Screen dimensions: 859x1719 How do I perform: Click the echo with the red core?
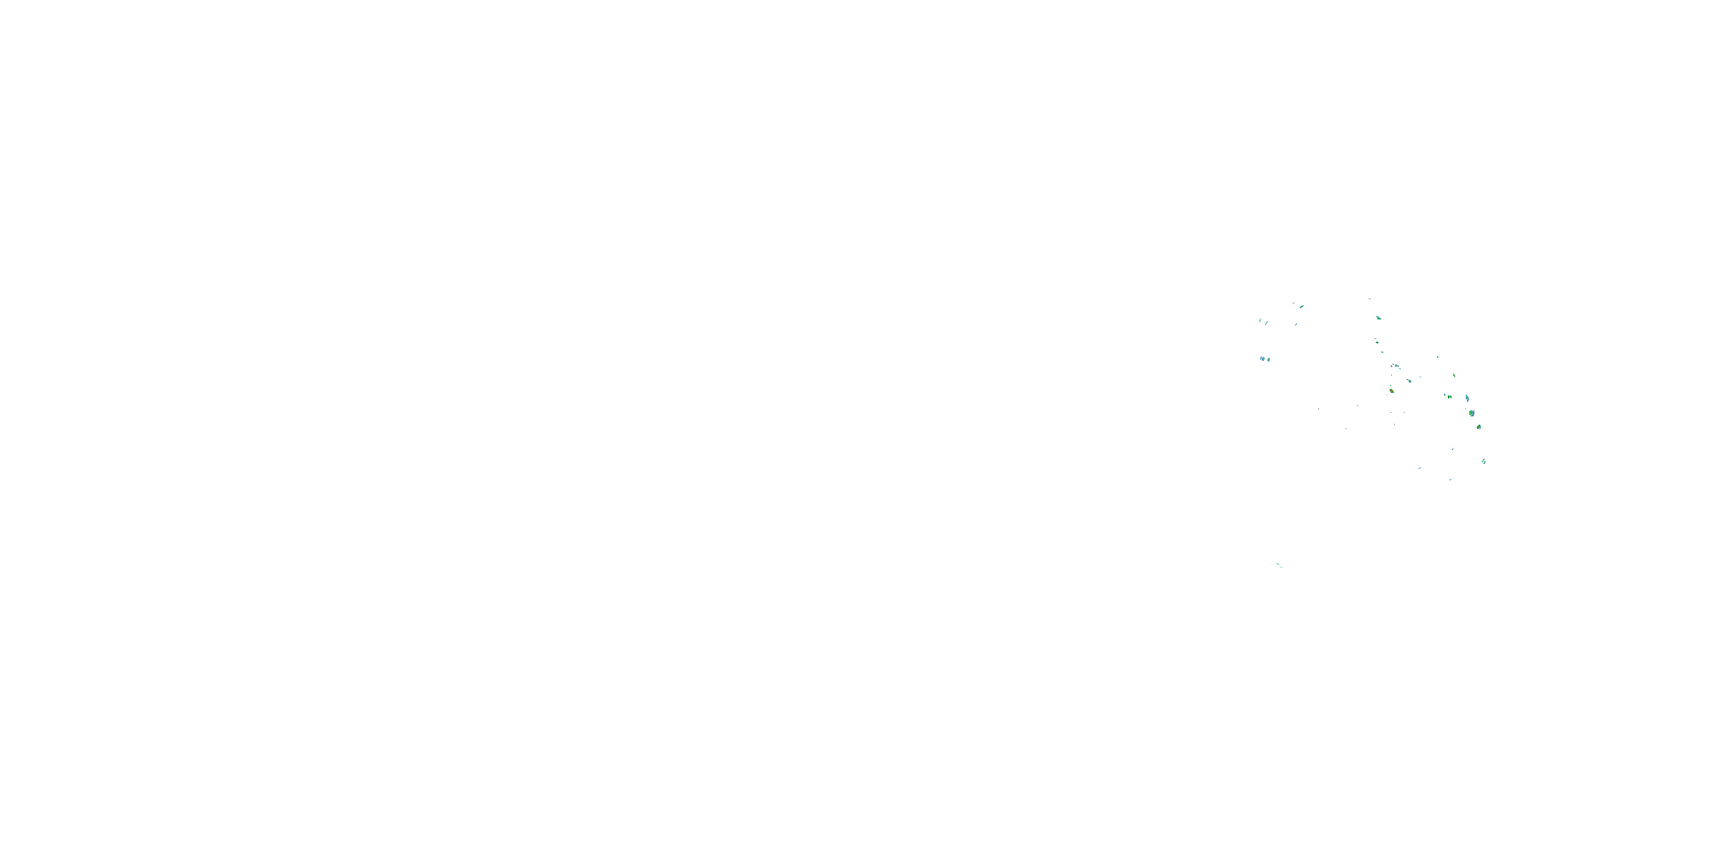[1391, 391]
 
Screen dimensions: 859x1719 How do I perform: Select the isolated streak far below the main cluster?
[1280, 566]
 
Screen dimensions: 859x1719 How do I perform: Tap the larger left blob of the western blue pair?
[1262, 359]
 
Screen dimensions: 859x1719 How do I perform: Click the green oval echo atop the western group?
[1301, 307]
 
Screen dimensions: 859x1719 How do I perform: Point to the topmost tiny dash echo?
[1370, 299]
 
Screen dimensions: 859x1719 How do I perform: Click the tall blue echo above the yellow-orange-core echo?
[1467, 399]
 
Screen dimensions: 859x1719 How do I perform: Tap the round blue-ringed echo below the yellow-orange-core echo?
[1479, 426]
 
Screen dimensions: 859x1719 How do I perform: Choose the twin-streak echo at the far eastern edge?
[1483, 461]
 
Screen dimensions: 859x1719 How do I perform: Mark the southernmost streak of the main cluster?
[1450, 479]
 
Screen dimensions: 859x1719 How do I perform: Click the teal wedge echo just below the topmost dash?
[1378, 318]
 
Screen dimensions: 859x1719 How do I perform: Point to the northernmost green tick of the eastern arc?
[1438, 357]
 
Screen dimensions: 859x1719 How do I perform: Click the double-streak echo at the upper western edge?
[1261, 320]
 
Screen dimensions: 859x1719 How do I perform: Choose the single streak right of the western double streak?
[1266, 323]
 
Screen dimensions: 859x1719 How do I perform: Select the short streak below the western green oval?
[1296, 325]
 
